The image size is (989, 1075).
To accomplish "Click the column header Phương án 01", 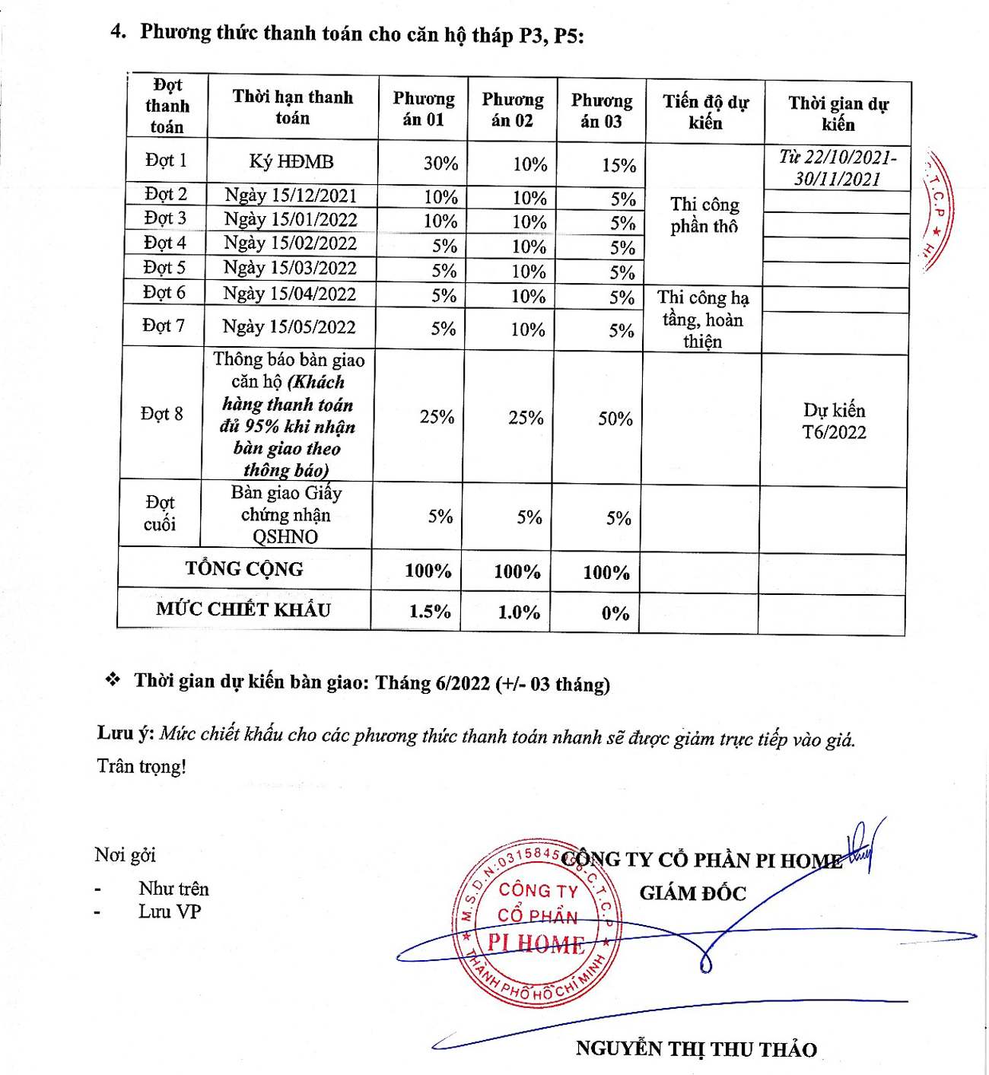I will pos(424,109).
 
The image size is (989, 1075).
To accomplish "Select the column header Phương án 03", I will pos(602,111).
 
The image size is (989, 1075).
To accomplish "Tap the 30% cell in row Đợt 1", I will pos(440,164).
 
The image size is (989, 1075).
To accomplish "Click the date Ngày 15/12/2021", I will pos(291,196).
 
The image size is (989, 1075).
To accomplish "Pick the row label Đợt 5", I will pos(164,268).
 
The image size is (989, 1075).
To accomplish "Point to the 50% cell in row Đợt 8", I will pos(615,418).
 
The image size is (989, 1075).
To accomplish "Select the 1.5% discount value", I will pos(430,612).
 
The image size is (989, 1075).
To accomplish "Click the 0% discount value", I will pos(615,614).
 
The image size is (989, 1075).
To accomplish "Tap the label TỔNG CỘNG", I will pos(244,569).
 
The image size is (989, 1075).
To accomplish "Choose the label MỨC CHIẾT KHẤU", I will pos(243,609).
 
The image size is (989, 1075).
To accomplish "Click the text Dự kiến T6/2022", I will pos(834,421).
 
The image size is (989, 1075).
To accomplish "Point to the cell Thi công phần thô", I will pos(704,215).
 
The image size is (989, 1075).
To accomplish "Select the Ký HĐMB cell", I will pos(291,162).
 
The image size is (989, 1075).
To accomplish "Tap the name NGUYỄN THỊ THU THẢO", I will pos(696,1049).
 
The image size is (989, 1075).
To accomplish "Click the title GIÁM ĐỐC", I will pos(692,893).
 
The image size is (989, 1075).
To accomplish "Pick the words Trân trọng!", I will pos(142,766).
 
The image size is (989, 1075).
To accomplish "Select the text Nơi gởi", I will pos(125,855).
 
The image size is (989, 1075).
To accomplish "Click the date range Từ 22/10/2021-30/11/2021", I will pos(838,168).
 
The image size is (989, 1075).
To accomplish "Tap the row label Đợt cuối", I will pos(160,514).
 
